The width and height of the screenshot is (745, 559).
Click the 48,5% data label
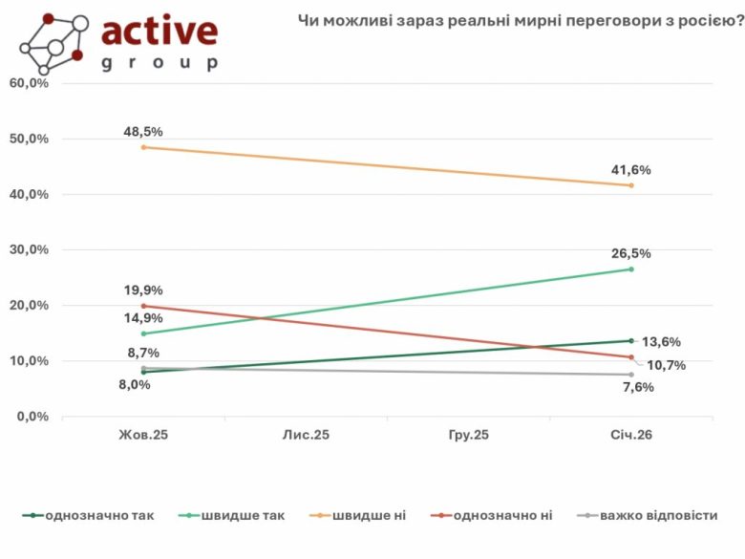(x=143, y=131)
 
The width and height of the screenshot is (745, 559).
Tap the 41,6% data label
(x=631, y=170)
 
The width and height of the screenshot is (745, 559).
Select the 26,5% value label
(x=631, y=253)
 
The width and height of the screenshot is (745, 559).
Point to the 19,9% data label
(x=143, y=290)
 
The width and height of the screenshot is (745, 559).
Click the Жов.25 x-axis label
(x=143, y=435)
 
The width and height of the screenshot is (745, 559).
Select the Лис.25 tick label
(x=306, y=435)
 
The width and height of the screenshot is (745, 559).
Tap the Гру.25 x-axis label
(x=468, y=435)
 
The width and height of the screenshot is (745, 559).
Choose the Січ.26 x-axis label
(x=631, y=435)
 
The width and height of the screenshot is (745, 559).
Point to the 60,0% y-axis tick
(x=29, y=83)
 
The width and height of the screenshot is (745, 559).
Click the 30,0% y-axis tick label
(x=29, y=249)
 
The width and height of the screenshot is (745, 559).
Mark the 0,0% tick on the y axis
(x=32, y=417)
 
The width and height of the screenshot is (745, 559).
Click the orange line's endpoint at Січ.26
(x=631, y=185)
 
